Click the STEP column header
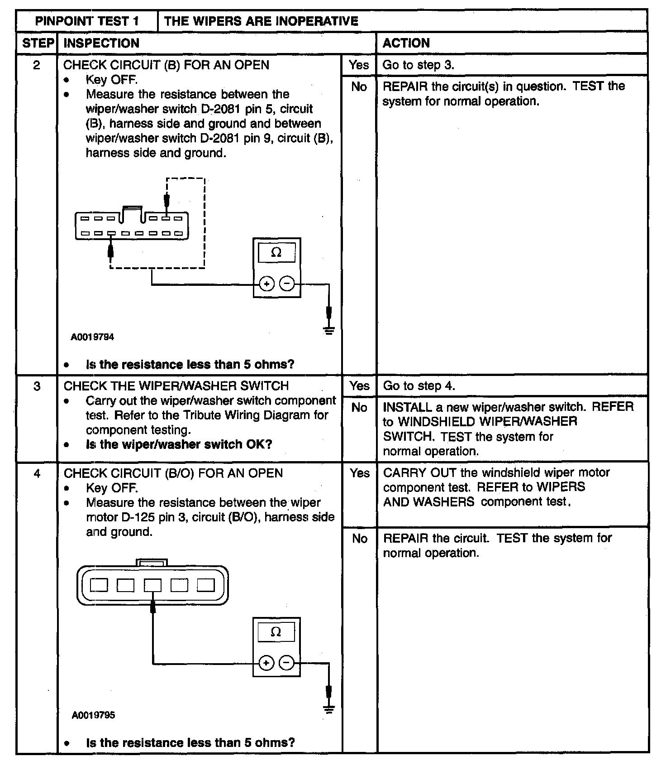(38, 43)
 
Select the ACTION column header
(406, 43)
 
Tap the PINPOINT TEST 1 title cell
(87, 21)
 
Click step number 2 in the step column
(37, 65)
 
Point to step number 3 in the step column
(37, 386)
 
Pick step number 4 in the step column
(37, 474)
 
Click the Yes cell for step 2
(359, 65)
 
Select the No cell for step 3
(359, 408)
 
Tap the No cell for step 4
(360, 539)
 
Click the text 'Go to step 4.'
(419, 386)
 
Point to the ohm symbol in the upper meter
(276, 253)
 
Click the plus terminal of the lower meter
(266, 663)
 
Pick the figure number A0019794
(92, 337)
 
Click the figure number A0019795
(93, 715)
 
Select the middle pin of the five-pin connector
(152, 585)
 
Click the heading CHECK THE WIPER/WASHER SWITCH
(176, 386)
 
